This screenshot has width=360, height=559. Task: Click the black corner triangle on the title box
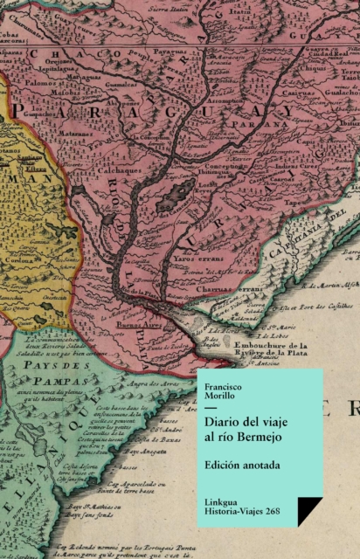309,511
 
